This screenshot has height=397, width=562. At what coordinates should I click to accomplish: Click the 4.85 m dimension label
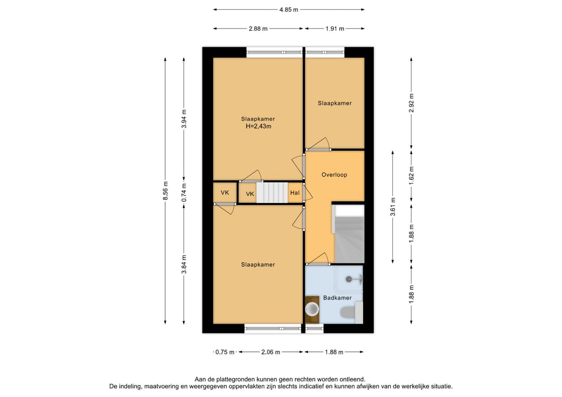[288, 10]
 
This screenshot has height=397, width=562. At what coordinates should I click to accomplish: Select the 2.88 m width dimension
[258, 29]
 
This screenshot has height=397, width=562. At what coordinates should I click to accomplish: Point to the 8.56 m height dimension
[165, 191]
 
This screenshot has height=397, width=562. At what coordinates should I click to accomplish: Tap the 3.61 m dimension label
[393, 207]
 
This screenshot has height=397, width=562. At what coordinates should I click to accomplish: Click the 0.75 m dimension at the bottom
[225, 352]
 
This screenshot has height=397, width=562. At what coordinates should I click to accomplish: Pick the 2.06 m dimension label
[271, 352]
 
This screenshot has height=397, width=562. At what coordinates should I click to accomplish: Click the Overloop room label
[334, 175]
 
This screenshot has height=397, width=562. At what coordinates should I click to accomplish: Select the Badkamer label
[337, 298]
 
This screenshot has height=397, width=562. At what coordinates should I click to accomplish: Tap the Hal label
[295, 193]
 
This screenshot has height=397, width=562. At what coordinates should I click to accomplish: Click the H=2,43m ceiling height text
[258, 126]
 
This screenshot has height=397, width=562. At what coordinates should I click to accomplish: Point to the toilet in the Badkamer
[348, 312]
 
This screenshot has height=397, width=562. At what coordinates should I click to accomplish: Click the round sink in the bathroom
[312, 309]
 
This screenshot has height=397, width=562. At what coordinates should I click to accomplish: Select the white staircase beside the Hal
[272, 193]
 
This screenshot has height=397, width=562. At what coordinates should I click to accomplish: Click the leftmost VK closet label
[225, 193]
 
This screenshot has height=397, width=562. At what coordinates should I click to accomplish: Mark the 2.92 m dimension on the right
[412, 103]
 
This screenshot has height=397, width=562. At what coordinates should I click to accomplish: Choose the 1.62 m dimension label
[412, 174]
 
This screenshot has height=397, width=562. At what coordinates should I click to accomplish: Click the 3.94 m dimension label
[184, 119]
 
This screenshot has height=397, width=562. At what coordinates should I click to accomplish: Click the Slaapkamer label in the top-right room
[335, 103]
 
